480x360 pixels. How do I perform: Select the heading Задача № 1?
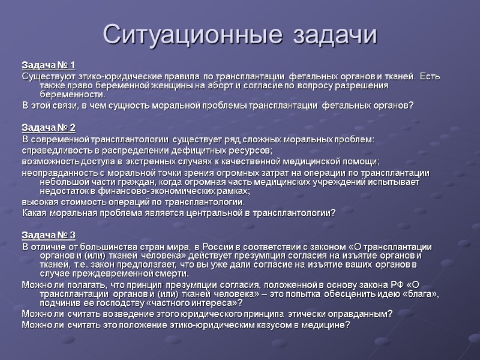(49, 65)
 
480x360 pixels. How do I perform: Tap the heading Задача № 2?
(49, 128)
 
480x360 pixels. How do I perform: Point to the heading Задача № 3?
(49, 235)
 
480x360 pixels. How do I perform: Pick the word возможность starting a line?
(49, 161)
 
